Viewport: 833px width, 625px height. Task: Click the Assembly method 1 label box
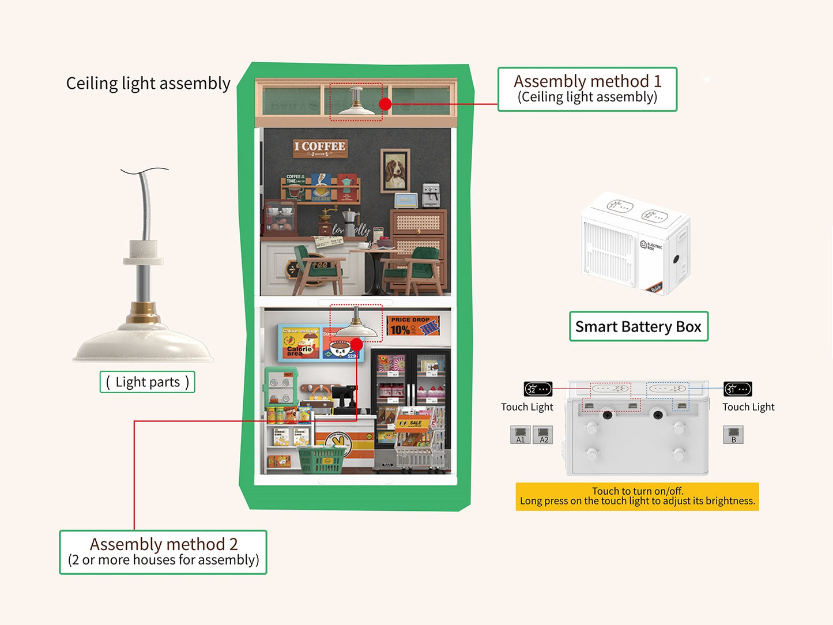[587, 89]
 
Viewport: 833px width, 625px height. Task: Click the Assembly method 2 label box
[163, 552]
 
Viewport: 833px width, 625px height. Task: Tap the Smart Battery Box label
[638, 326]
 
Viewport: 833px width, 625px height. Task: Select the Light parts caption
[148, 382]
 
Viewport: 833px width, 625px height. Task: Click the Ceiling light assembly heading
[148, 84]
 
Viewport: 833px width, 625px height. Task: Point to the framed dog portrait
[395, 171]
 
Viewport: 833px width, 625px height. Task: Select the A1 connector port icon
[520, 435]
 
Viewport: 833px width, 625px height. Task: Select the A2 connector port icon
[543, 435]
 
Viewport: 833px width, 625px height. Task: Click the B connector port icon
[733, 435]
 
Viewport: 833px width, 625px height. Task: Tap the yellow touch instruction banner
[637, 496]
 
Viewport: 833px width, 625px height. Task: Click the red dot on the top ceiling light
[386, 104]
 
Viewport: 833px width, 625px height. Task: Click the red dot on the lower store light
[356, 345]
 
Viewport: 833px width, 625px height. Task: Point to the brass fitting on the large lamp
[143, 312]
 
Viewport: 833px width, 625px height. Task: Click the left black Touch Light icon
[538, 389]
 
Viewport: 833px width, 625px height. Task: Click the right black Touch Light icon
[738, 389]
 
